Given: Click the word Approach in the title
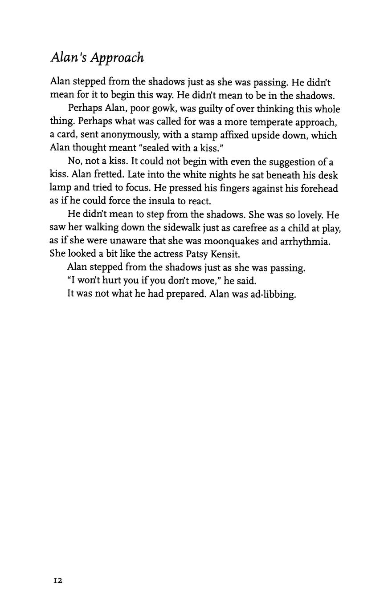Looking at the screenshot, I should (118, 58).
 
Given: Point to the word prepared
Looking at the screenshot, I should (185, 295).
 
